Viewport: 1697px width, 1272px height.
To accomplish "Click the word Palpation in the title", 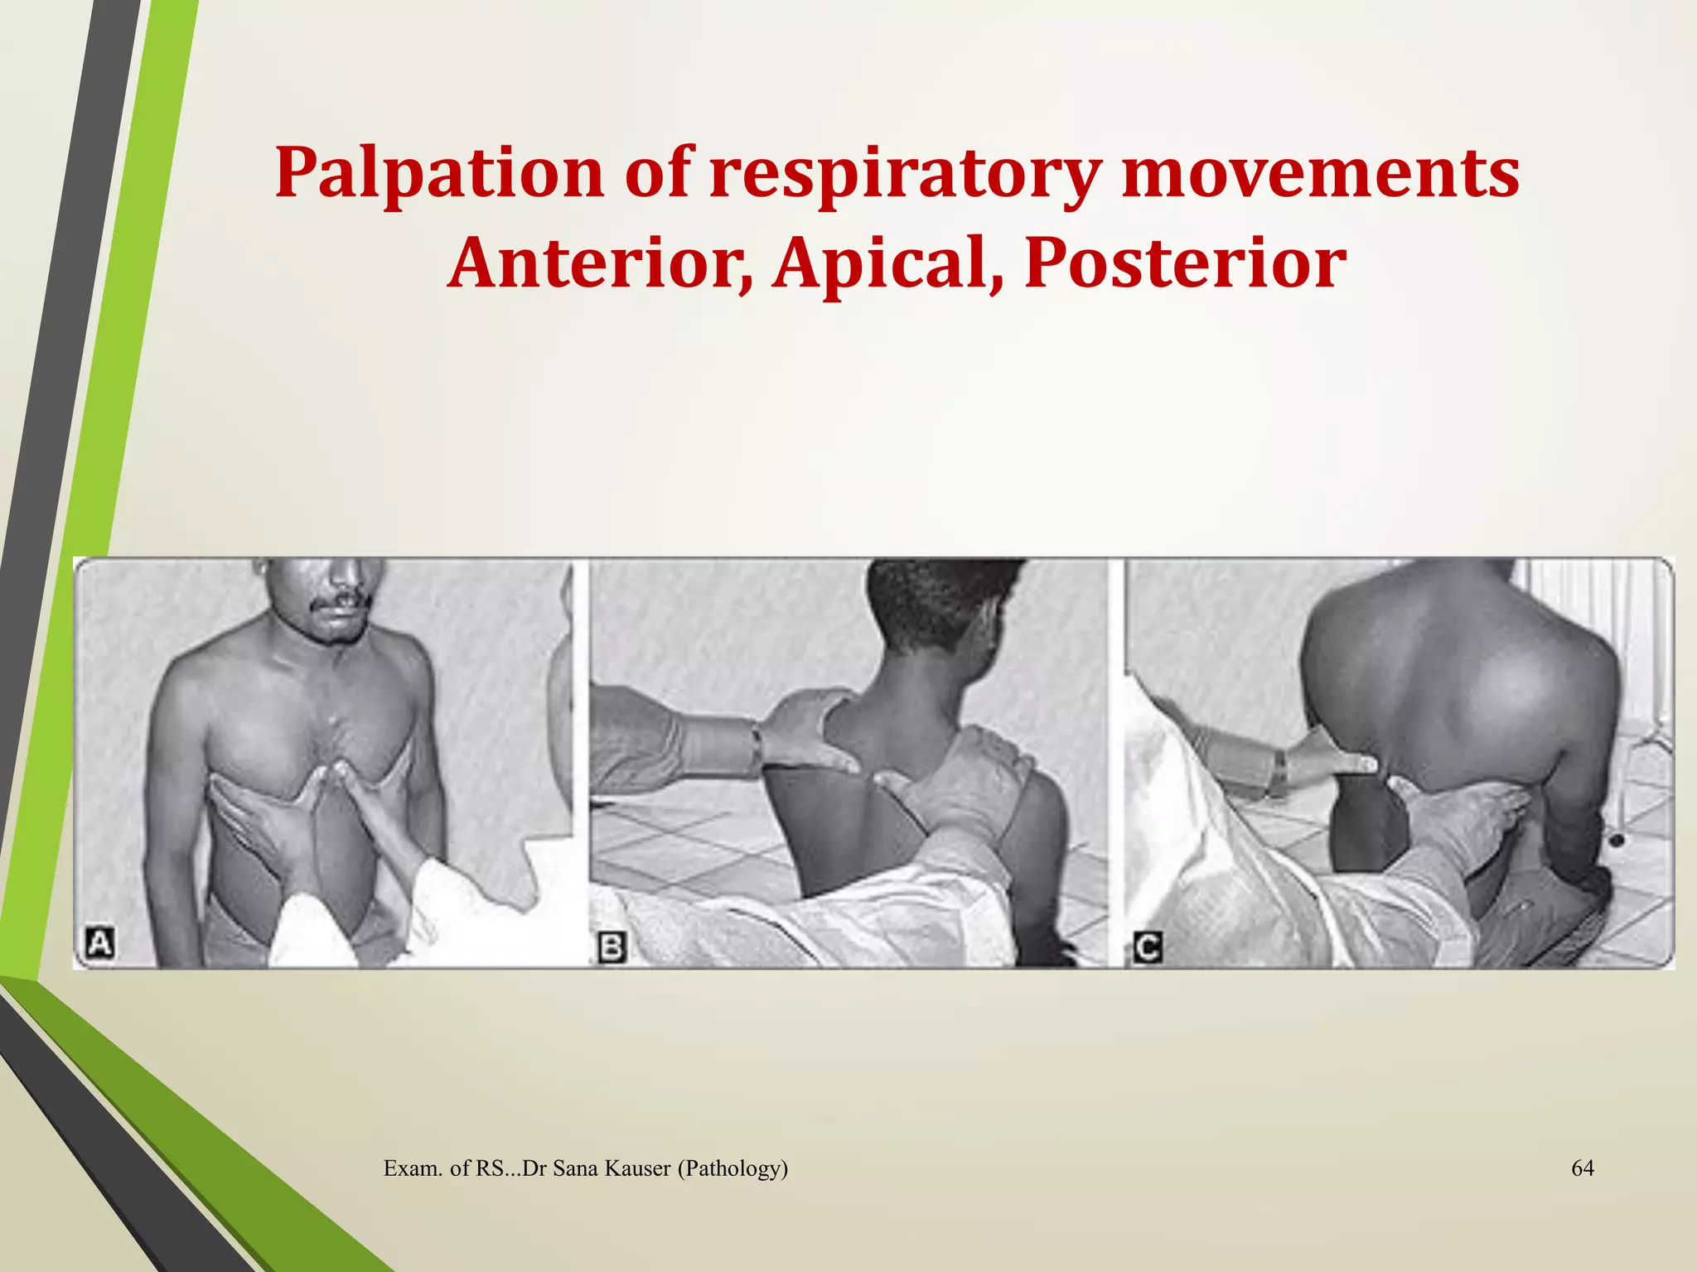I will [x=439, y=174].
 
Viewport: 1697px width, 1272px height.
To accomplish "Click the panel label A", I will [x=100, y=943].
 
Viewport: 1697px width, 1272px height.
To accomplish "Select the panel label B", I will [x=612, y=946].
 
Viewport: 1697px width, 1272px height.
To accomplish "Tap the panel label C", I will [x=1148, y=947].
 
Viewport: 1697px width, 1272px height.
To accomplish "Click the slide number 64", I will [x=1583, y=1168].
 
